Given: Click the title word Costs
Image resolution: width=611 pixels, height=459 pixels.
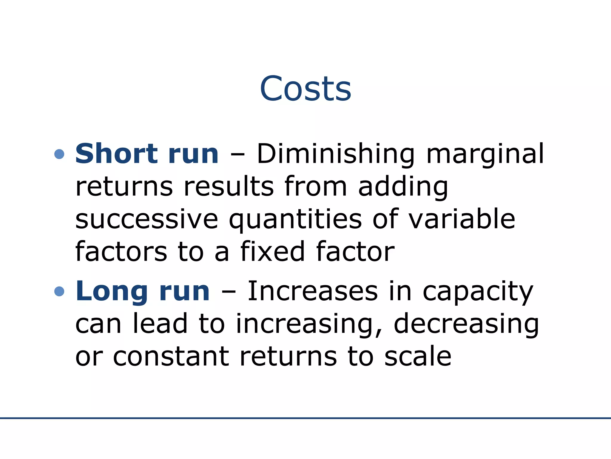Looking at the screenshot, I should (305, 88).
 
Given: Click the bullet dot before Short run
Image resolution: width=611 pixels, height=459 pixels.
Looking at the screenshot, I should (60, 154).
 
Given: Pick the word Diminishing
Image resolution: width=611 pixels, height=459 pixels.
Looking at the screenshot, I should (336, 154).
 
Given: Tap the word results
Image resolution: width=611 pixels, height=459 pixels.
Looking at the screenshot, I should (229, 186).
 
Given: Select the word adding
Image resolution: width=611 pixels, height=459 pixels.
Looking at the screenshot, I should (403, 187).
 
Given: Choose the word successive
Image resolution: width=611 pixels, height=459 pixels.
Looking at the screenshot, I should (147, 219).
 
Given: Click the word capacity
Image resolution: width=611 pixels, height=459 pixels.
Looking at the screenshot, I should (478, 292).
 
